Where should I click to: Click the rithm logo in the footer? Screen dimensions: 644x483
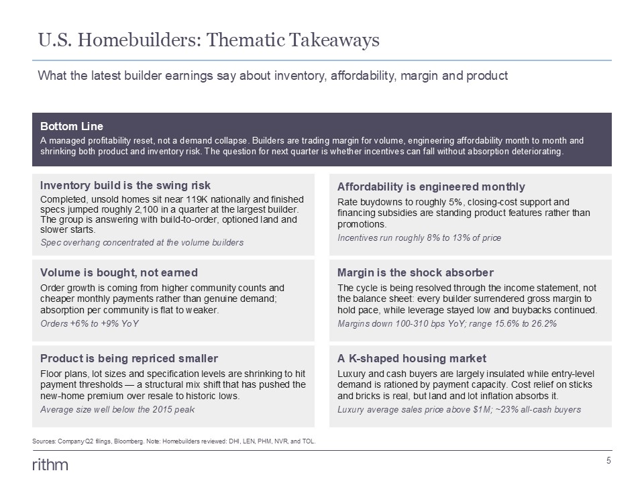coord(50,465)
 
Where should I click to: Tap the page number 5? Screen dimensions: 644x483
coord(608,460)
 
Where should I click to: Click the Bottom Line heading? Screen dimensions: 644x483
coord(72,126)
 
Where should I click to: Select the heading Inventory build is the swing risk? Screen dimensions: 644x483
coord(125,185)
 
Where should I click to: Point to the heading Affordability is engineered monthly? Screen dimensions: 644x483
coord(431,187)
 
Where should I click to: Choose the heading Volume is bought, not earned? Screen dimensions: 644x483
coord(119,273)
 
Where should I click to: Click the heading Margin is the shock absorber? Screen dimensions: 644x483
coord(416,273)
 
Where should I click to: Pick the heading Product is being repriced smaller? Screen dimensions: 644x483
coord(129,358)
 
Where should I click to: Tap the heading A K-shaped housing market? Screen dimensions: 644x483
coord(412,358)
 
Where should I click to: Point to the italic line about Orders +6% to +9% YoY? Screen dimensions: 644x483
coord(89,323)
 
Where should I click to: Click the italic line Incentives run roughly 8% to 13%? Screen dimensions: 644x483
coord(419,237)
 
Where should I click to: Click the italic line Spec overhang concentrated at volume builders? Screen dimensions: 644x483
coord(142,243)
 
